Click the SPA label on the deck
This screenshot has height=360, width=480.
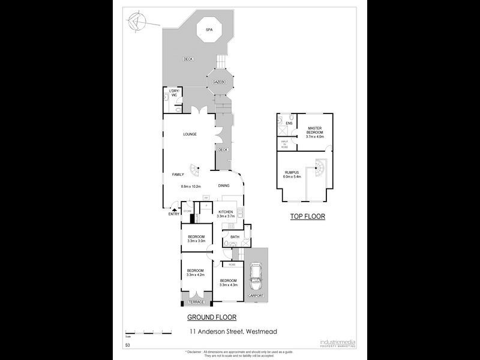pos(209,29)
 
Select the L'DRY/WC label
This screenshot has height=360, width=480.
pos(175,93)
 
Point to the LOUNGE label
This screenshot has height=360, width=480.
pos(190,134)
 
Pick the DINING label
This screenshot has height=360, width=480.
pos(223,186)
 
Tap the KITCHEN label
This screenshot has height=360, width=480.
pos(226,212)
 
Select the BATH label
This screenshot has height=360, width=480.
pos(234,238)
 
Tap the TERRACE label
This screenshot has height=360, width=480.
pos(196,302)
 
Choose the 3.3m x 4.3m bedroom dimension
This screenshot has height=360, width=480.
pos(229,285)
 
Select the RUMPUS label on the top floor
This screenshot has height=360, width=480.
pos(293,173)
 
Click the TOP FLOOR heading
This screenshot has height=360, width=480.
pos(307,216)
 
